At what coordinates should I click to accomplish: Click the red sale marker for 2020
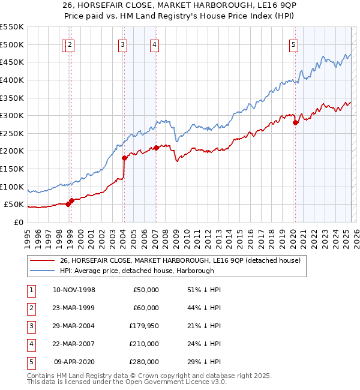[295, 123]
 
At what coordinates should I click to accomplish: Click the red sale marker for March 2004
[124, 158]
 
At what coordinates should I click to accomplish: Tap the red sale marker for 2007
[156, 148]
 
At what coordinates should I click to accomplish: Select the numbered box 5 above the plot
[293, 44]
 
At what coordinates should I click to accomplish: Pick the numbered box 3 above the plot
[122, 44]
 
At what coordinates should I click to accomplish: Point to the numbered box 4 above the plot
[154, 44]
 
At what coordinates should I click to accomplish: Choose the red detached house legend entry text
[184, 260]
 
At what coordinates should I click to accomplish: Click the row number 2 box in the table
[30, 307]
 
